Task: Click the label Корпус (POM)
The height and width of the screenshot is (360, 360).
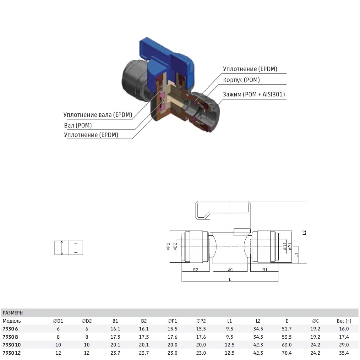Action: point(241,80)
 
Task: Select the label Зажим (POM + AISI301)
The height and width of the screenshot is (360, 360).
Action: point(254,94)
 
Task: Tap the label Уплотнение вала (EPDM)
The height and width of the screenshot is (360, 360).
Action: point(98,115)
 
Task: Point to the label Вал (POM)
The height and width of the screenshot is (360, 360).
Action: point(78,125)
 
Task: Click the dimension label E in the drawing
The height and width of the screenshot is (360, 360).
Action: point(230,279)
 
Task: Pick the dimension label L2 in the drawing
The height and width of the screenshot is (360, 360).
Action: point(304,232)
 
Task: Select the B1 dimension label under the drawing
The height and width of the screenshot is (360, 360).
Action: point(265,270)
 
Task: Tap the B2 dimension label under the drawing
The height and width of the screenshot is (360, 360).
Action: point(195,270)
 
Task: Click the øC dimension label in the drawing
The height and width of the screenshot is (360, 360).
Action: point(230,270)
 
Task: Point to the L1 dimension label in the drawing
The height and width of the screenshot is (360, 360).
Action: point(297,255)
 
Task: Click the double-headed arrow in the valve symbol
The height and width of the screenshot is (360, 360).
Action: point(62,248)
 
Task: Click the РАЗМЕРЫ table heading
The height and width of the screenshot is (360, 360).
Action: point(13,313)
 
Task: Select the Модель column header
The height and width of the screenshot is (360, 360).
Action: point(12,321)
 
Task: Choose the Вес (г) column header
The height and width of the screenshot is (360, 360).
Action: point(344,321)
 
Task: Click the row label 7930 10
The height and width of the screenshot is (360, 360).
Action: point(12,345)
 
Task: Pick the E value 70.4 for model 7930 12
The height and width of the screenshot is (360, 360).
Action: point(287,353)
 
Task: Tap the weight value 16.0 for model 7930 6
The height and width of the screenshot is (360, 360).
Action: point(344,329)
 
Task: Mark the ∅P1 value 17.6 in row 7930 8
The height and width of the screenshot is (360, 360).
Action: point(172,337)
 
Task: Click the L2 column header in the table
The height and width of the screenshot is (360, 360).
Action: point(258,321)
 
